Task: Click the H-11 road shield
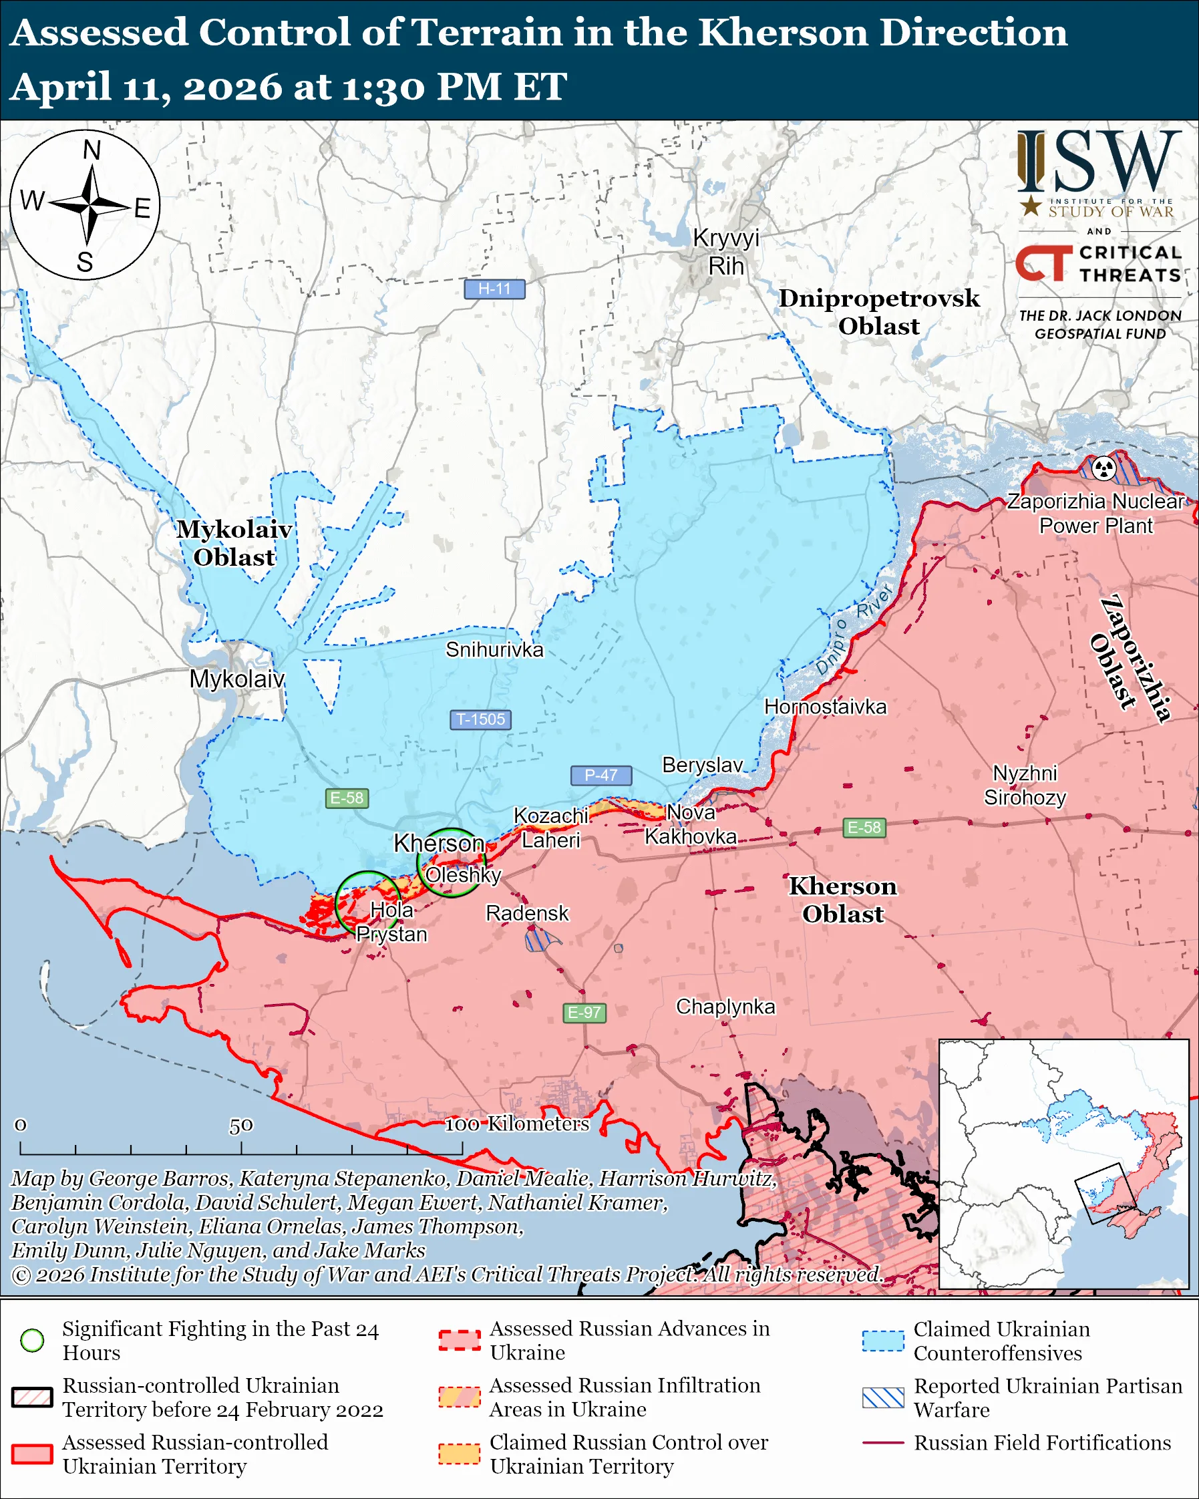pos(494,289)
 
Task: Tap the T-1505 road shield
pos(480,719)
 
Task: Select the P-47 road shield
pos(601,774)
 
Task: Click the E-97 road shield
pos(584,1012)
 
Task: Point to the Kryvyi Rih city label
pos(725,252)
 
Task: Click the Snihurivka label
pos(494,649)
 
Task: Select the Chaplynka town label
pos(725,1006)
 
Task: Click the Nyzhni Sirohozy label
pos(1025,785)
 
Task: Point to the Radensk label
pos(527,913)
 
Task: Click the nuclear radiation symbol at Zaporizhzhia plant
pos(1103,468)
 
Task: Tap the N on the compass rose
pos(92,150)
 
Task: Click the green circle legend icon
pos(33,1341)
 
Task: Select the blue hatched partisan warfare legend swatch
pos(883,1397)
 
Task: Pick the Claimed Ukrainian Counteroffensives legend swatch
pos(883,1341)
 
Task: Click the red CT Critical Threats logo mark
pos(1043,263)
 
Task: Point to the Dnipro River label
pos(854,629)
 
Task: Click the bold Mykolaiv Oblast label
pos(234,543)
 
